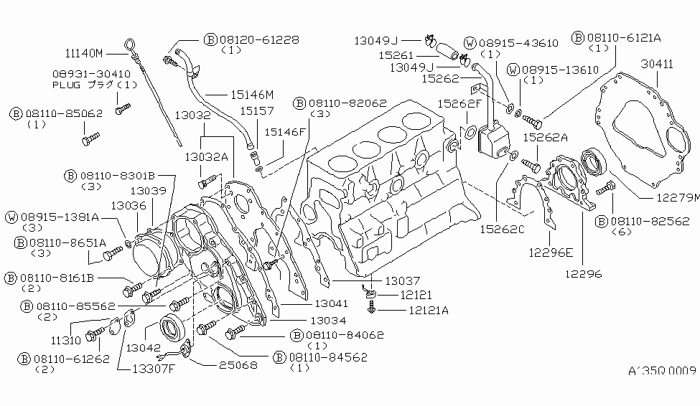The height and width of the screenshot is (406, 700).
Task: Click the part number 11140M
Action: pyautogui.click(x=85, y=53)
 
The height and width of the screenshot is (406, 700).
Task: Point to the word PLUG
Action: pyautogui.click(x=68, y=85)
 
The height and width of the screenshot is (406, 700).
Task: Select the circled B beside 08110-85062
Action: pyautogui.click(x=16, y=113)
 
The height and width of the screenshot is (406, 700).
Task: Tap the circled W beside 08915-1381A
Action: pyautogui.click(x=11, y=217)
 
